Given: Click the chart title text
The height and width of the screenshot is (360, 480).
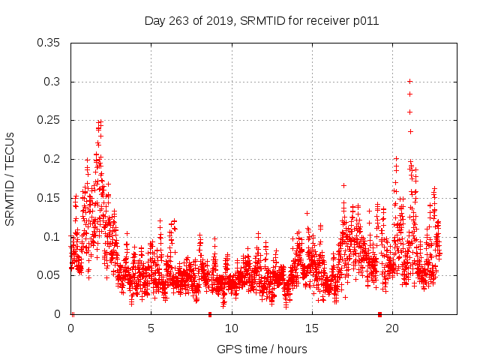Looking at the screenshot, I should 261,21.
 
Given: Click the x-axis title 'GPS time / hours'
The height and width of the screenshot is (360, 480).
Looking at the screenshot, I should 262,349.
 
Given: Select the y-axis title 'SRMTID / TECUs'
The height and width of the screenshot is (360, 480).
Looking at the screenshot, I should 10,178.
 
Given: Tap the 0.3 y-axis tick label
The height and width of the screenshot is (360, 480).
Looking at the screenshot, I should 52,82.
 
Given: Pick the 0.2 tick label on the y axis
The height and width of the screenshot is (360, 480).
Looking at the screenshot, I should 52,159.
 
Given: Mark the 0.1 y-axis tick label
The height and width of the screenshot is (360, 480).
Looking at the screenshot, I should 52,237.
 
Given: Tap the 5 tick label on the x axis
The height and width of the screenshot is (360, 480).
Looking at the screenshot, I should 151,328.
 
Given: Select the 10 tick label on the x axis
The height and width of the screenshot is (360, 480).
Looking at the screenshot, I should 232,328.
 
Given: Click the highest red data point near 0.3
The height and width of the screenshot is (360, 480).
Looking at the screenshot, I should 409,81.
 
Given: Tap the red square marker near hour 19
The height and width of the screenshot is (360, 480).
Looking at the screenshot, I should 380,314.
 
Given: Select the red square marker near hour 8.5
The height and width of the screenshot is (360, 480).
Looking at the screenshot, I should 210,314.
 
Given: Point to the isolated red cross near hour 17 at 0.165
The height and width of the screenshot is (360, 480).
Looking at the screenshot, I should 343,185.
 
